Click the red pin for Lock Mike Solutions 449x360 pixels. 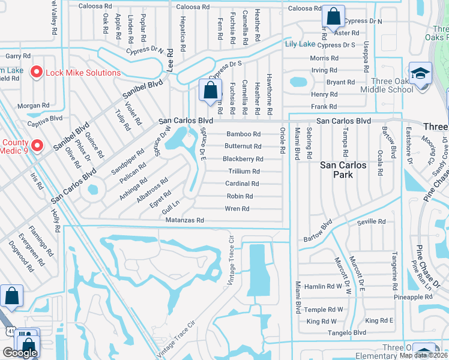pos(36,73)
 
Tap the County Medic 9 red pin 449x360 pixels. pos(37,145)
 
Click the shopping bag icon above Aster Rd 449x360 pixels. pos(333,16)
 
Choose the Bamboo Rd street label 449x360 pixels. pos(243,134)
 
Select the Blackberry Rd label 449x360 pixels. pos(243,159)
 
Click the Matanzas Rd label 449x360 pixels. pos(185,221)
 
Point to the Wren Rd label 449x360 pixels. pos(237,209)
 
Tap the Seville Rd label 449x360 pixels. pos(372,221)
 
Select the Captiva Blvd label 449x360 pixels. pos(47,118)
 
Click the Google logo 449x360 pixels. pos(20,353)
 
